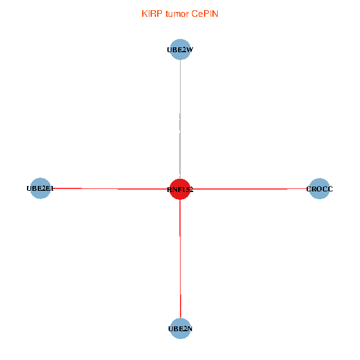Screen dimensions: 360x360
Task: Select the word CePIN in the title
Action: point(205,13)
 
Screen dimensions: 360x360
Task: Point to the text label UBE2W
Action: point(180,50)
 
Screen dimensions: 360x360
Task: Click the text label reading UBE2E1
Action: point(40,189)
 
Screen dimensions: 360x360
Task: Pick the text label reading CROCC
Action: point(319,189)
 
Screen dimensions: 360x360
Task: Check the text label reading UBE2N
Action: point(180,329)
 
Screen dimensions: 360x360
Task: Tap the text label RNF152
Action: point(180,190)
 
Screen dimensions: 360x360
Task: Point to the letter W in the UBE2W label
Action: point(189,50)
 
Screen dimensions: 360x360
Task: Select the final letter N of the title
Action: point(215,13)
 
